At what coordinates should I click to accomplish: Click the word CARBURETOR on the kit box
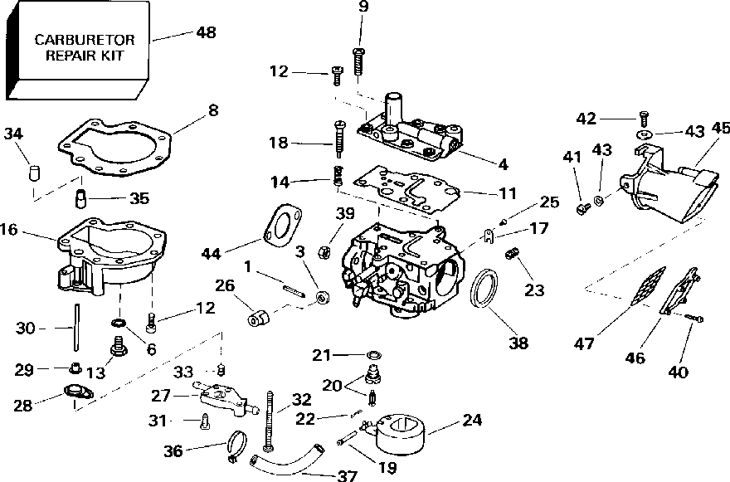pyautogui.click(x=85, y=40)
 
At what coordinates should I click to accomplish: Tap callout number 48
pyautogui.click(x=206, y=32)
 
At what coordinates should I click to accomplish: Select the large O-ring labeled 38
pyautogui.click(x=484, y=288)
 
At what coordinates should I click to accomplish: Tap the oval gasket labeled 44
pyautogui.click(x=282, y=226)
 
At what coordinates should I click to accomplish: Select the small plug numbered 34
pyautogui.click(x=34, y=172)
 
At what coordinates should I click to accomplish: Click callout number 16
pyautogui.click(x=9, y=229)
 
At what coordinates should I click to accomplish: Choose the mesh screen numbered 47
pyautogui.click(x=648, y=286)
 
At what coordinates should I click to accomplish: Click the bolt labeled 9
pyautogui.click(x=358, y=60)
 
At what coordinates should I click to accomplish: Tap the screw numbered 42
pyautogui.click(x=644, y=119)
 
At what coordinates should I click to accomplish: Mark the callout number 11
pyautogui.click(x=508, y=192)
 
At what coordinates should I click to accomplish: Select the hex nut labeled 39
pyautogui.click(x=323, y=252)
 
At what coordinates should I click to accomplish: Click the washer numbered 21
pyautogui.click(x=373, y=355)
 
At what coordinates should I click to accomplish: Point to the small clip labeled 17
pyautogui.click(x=488, y=236)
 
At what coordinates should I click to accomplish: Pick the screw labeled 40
pyautogui.click(x=693, y=318)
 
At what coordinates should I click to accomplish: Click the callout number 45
pyautogui.click(x=721, y=128)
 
